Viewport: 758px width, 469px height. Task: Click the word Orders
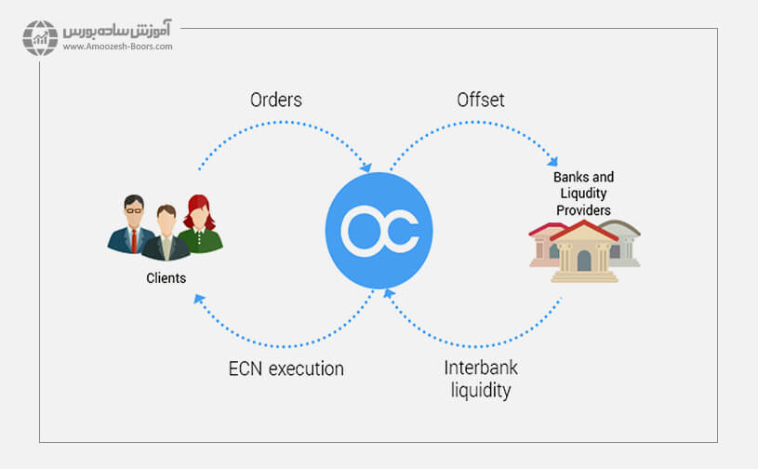click(x=276, y=100)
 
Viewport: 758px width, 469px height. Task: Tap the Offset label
click(x=480, y=100)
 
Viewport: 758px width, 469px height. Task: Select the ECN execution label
click(x=286, y=368)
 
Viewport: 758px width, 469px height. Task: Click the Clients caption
click(x=166, y=278)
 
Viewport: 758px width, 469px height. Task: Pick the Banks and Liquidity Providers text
click(x=583, y=194)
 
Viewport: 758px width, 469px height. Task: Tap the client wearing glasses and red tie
click(x=133, y=224)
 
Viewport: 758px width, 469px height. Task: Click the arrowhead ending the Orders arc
click(x=366, y=168)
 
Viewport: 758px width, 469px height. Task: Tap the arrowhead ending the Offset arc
click(x=554, y=160)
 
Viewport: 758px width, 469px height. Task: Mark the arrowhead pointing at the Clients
click(x=198, y=298)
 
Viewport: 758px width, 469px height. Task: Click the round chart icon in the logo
click(x=40, y=37)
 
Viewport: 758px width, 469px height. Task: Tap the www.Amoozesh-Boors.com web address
click(x=117, y=47)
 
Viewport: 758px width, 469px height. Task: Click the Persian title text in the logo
click(x=117, y=29)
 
